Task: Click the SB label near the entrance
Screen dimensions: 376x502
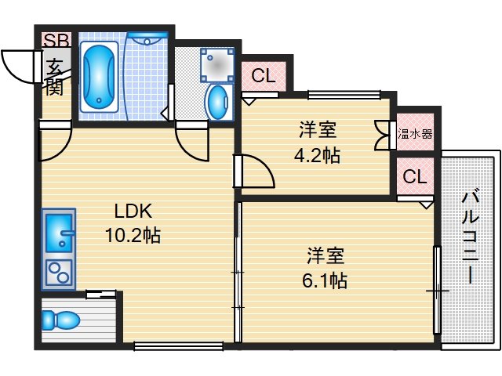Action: (x=56, y=40)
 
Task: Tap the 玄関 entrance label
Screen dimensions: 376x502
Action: (x=54, y=76)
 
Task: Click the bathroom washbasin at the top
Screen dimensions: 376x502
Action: (x=147, y=40)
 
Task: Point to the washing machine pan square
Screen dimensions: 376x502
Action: (x=216, y=65)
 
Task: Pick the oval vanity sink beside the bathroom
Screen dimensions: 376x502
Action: (x=216, y=101)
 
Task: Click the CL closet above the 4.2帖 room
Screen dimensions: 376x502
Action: (x=264, y=76)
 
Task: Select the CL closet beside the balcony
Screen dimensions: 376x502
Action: (x=415, y=177)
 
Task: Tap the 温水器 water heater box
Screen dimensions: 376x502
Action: (x=415, y=134)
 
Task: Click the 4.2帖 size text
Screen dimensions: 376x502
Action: (x=316, y=155)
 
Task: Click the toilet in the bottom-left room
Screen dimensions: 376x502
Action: (x=60, y=320)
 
